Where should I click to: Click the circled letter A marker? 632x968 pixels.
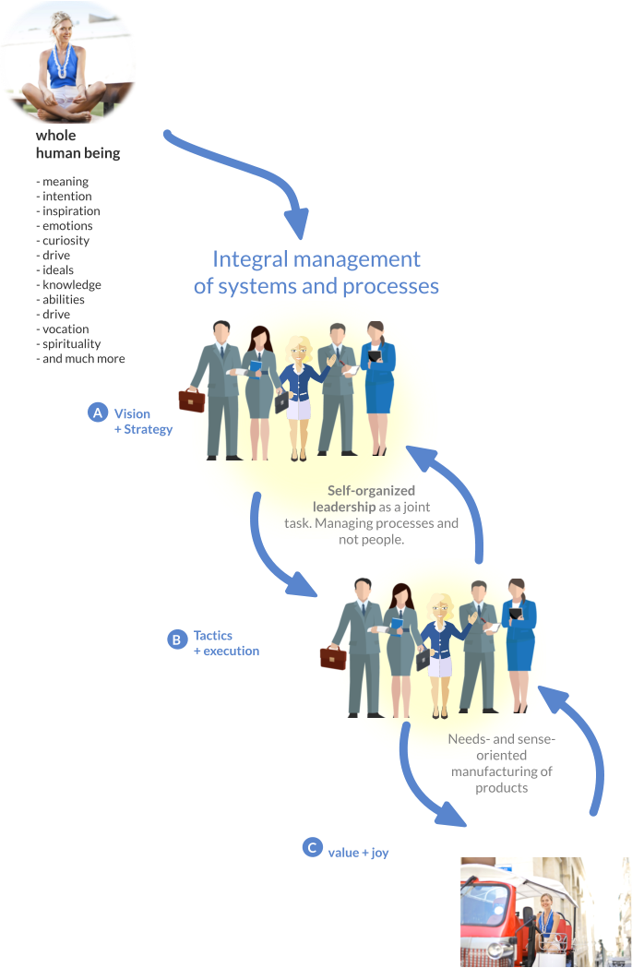point(98,412)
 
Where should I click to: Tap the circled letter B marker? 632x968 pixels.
point(177,639)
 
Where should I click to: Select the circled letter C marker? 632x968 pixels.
point(313,847)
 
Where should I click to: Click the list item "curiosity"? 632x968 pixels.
point(66,241)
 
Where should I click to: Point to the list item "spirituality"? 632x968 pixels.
point(72,344)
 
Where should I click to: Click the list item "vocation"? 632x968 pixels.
point(66,329)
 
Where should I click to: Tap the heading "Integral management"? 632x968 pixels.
point(316,259)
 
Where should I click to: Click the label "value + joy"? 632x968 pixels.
point(358,853)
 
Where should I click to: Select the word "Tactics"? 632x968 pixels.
point(213,636)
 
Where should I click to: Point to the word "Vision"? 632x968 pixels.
point(132,413)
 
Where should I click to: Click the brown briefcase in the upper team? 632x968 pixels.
point(192,400)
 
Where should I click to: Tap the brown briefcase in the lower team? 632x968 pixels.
point(332,657)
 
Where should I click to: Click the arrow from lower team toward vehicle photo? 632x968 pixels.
point(424,784)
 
